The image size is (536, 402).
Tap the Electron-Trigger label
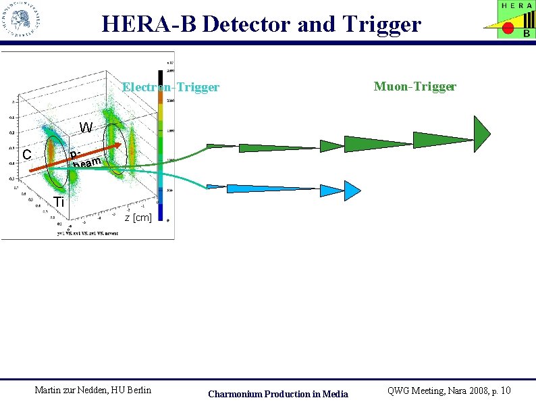(170, 87)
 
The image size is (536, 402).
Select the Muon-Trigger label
(415, 86)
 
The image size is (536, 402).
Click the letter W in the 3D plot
(86, 128)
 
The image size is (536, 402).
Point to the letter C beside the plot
(27, 155)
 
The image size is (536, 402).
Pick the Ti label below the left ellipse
(59, 202)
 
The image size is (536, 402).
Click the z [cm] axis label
(138, 218)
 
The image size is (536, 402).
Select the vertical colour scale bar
(160, 145)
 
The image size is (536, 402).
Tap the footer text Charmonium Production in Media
(278, 394)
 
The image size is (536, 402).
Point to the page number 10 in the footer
(506, 391)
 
